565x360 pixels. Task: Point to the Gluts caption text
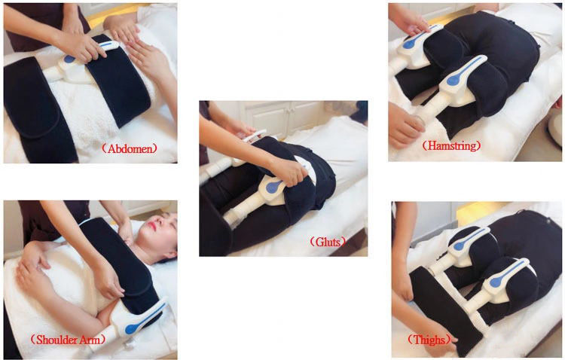coord(328,242)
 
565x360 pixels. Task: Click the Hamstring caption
coord(451,145)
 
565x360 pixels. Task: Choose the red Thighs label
coord(429,340)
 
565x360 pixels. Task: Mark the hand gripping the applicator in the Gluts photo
coord(289,172)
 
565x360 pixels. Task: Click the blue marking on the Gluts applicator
coord(274,185)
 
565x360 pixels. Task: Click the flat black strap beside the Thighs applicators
coord(446,310)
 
